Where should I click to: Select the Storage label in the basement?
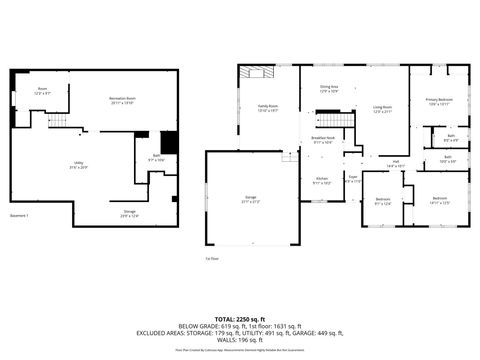pos(130,214)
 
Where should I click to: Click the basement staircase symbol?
pos(60,121)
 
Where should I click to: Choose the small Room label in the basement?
pos(43,91)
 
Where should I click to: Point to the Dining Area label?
pos(328,90)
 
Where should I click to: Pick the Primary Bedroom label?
pos(439,102)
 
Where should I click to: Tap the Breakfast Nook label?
pos(321,140)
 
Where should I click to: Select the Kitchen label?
pos(320,181)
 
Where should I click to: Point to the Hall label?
pos(395,163)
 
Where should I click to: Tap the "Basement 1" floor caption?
pos(20,216)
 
